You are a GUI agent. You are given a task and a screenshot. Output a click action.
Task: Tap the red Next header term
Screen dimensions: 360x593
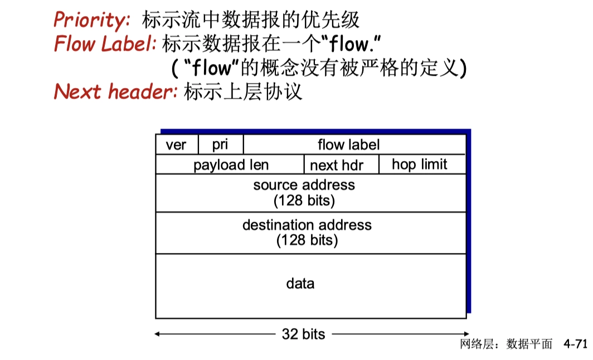click(115, 91)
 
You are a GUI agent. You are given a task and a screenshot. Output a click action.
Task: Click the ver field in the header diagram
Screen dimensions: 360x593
click(176, 145)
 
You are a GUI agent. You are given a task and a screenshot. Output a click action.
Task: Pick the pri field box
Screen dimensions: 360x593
click(220, 145)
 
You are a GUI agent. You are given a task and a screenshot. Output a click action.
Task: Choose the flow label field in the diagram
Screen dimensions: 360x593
click(348, 145)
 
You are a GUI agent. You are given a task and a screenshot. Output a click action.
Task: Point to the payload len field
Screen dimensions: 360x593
click(231, 165)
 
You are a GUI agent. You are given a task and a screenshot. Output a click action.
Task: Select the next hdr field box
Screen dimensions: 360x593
click(336, 165)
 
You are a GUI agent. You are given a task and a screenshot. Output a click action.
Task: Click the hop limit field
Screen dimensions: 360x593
click(419, 164)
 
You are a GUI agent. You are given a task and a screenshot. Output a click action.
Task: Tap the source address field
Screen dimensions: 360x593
click(304, 185)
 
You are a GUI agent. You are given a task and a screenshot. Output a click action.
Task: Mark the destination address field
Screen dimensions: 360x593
click(307, 225)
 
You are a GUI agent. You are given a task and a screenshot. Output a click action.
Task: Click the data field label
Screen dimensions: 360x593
click(300, 284)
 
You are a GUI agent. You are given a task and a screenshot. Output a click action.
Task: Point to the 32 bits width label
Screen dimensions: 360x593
click(303, 334)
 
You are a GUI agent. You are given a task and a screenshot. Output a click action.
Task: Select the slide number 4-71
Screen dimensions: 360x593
click(575, 344)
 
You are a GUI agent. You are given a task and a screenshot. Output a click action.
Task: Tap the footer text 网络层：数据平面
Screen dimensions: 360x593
click(506, 344)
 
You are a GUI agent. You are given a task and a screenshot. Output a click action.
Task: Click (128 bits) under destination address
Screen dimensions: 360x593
click(307, 240)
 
